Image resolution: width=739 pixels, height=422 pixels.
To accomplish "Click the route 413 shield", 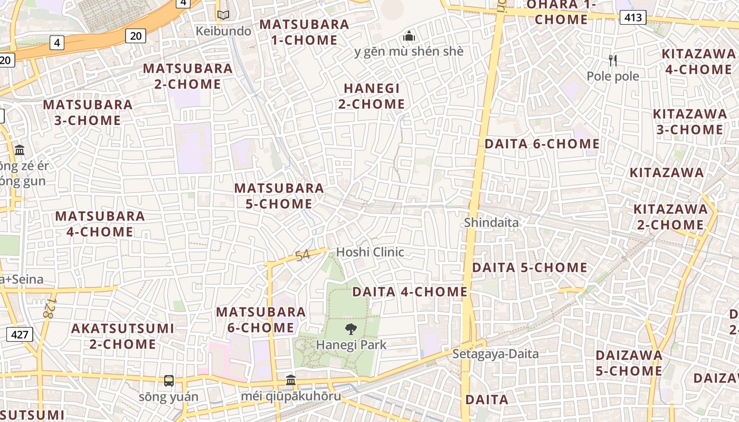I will pyautogui.click(x=632, y=18).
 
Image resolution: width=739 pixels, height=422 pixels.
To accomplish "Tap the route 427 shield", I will pyautogui.click(x=20, y=334).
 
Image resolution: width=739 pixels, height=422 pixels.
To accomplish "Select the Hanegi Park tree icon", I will pyautogui.click(x=350, y=330).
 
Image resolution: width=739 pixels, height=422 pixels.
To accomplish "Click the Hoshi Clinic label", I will pyautogui.click(x=370, y=252).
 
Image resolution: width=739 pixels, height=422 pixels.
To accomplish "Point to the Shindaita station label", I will pyautogui.click(x=491, y=223).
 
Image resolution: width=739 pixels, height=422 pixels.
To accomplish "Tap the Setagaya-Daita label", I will pyautogui.click(x=495, y=353).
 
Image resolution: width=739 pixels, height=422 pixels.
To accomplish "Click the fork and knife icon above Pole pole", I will pyautogui.click(x=613, y=61).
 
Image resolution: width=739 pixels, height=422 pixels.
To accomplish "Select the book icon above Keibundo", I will pyautogui.click(x=223, y=15).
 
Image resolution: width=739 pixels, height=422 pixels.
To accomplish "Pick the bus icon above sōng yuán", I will pyautogui.click(x=169, y=381).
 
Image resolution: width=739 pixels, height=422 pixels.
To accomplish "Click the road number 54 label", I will pyautogui.click(x=302, y=256).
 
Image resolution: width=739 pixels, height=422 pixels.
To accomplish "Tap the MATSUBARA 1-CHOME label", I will pyautogui.click(x=304, y=32).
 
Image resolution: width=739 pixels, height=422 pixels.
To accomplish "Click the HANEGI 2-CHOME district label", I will pyautogui.click(x=372, y=96).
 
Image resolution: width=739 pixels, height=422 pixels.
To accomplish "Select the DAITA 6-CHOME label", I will pyautogui.click(x=542, y=143).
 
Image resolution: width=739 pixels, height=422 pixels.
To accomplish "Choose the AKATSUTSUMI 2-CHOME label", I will pyautogui.click(x=122, y=336).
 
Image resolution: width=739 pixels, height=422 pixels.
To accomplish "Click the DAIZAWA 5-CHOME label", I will pyautogui.click(x=629, y=363).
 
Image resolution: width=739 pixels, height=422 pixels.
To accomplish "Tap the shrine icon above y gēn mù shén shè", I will pyautogui.click(x=409, y=36).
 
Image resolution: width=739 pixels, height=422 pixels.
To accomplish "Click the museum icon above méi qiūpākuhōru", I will pyautogui.click(x=290, y=380).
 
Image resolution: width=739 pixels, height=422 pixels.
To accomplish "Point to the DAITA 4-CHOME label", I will pyautogui.click(x=410, y=292).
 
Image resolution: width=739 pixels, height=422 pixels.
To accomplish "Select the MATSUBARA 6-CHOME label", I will pyautogui.click(x=261, y=320).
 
